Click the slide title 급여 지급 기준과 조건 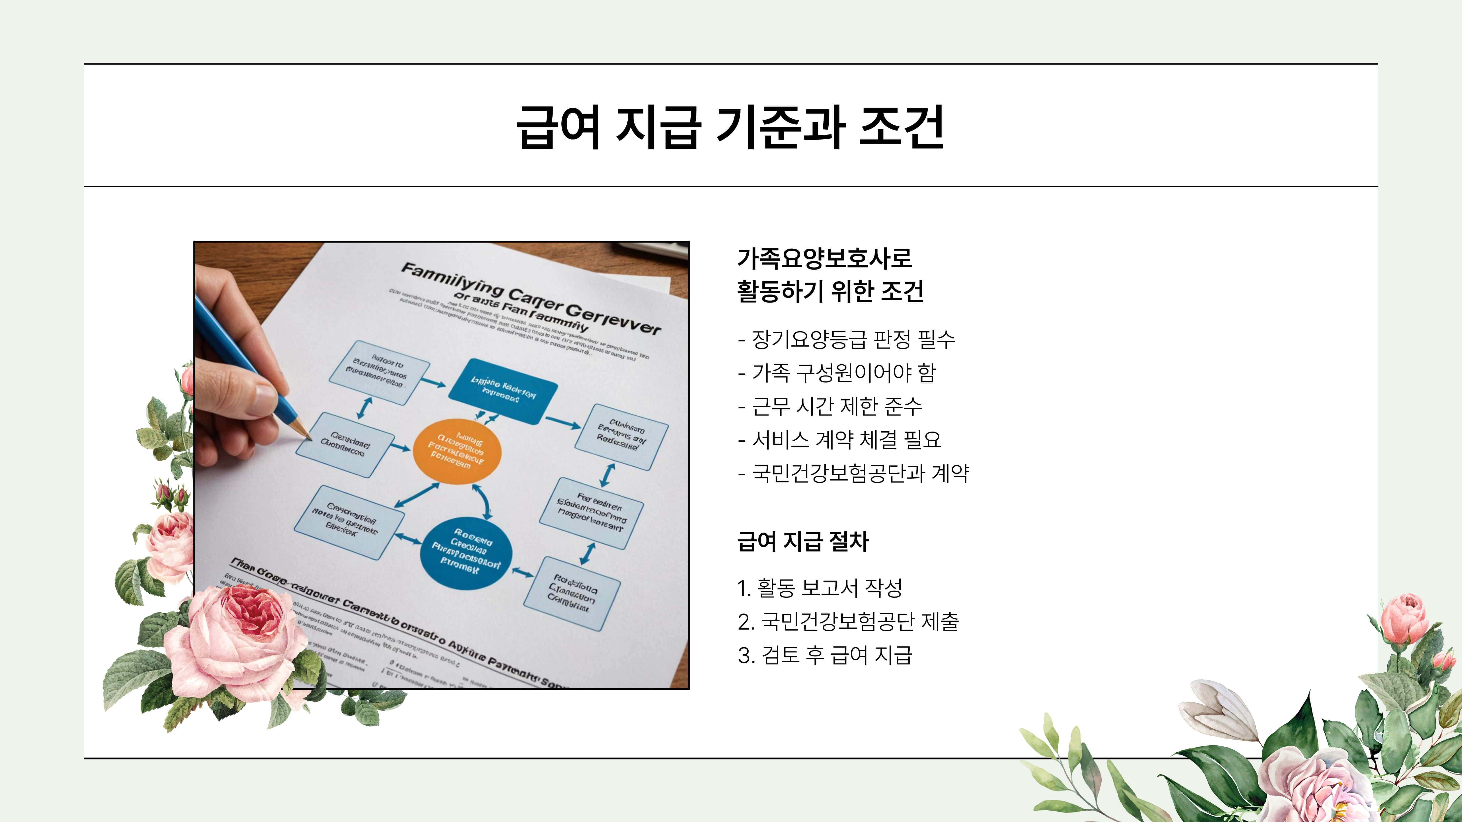tap(731, 127)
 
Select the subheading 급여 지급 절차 tap(802, 541)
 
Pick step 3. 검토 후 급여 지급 tap(825, 655)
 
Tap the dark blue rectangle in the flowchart tap(503, 391)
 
